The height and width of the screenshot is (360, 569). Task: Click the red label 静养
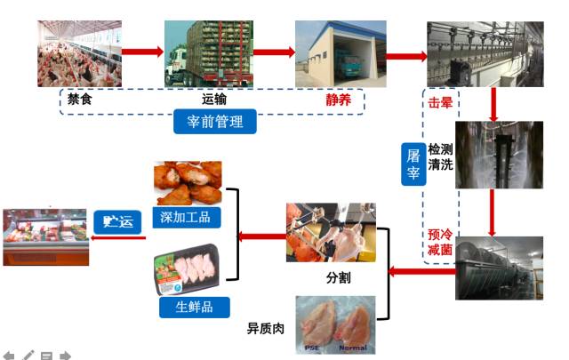[339, 99]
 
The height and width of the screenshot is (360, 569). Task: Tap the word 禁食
[80, 99]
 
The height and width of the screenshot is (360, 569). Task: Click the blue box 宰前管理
[215, 121]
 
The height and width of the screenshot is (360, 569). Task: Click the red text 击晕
[441, 102]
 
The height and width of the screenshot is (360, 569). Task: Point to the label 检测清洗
[441, 156]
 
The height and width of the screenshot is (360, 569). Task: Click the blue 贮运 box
[118, 222]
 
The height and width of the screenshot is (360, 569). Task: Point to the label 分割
[338, 277]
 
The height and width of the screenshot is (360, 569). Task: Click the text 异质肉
[265, 328]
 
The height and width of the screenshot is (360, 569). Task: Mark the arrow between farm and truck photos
[143, 52]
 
